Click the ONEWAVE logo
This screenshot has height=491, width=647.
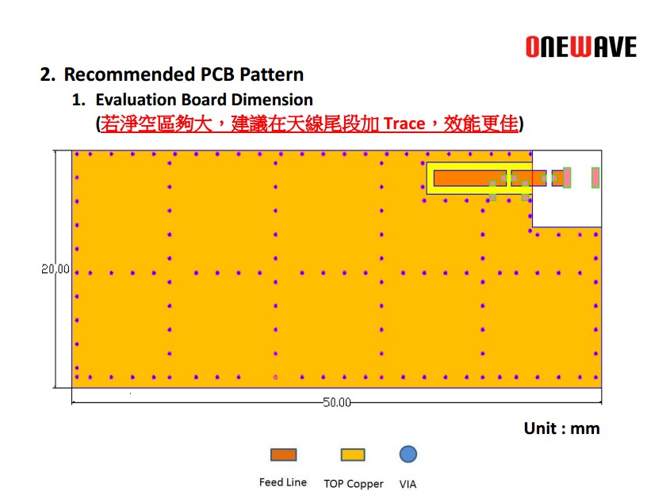[x=581, y=47]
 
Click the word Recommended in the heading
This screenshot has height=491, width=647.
[x=129, y=74]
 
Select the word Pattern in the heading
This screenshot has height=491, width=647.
[x=271, y=74]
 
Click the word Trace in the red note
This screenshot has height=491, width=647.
[x=404, y=124]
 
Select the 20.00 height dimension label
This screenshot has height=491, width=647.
[x=56, y=268]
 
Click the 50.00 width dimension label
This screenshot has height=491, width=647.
[x=337, y=402]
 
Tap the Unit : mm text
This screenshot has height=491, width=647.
[x=561, y=428]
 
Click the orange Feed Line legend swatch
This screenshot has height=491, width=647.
[x=284, y=455]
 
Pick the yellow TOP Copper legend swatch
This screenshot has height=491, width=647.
[x=353, y=455]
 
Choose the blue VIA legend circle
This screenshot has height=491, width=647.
[x=408, y=454]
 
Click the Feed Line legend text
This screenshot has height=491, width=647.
[x=282, y=482]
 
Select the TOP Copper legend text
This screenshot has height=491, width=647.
[x=353, y=484]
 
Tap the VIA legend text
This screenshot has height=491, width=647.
[x=408, y=484]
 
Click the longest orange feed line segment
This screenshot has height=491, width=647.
[x=470, y=178]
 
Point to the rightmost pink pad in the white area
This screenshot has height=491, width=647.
[x=595, y=177]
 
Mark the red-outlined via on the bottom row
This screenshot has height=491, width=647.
[x=276, y=377]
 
